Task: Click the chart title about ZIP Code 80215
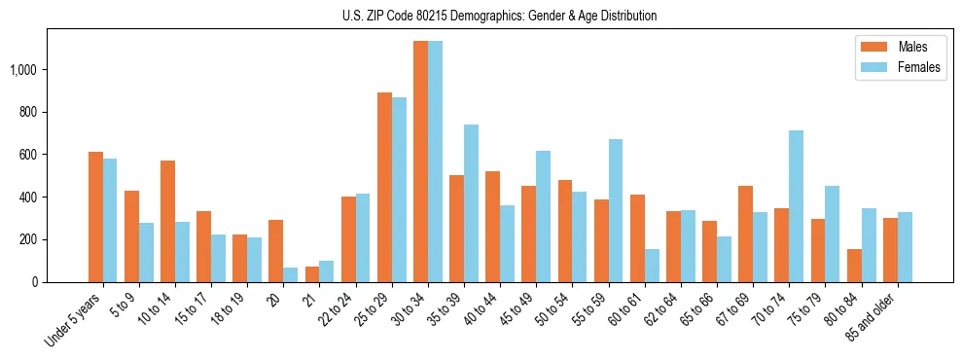point(499,16)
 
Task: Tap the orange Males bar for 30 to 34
point(420,162)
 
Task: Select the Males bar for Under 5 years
point(95,217)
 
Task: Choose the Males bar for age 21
point(312,274)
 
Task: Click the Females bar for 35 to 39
point(471,203)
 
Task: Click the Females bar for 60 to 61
point(652,266)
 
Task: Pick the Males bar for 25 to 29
point(384,188)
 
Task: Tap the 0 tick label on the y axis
point(35,282)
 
